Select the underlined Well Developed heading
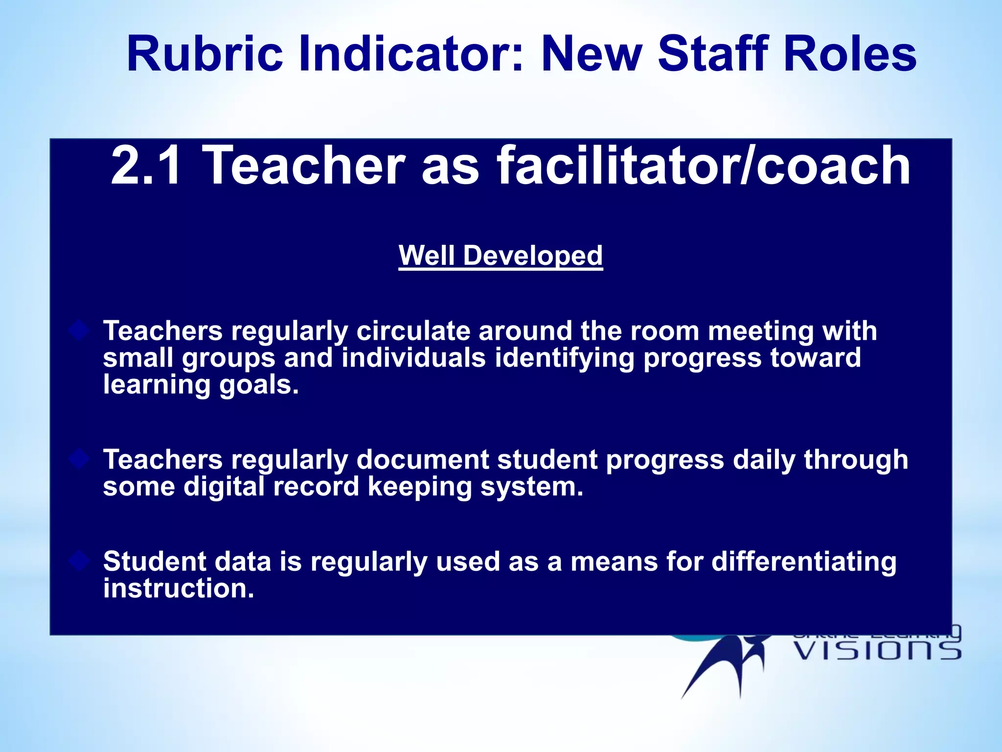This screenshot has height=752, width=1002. pyautogui.click(x=501, y=256)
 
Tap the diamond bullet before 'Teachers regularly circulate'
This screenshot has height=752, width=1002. pyautogui.click(x=79, y=331)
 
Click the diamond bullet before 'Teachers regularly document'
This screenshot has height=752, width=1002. pyautogui.click(x=79, y=459)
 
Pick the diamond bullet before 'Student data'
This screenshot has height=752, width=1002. pyautogui.click(x=79, y=561)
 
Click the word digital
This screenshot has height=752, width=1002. pyautogui.click(x=224, y=487)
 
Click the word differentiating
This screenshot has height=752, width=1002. pyautogui.click(x=804, y=562)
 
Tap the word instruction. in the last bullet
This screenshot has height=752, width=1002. pyautogui.click(x=179, y=588)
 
